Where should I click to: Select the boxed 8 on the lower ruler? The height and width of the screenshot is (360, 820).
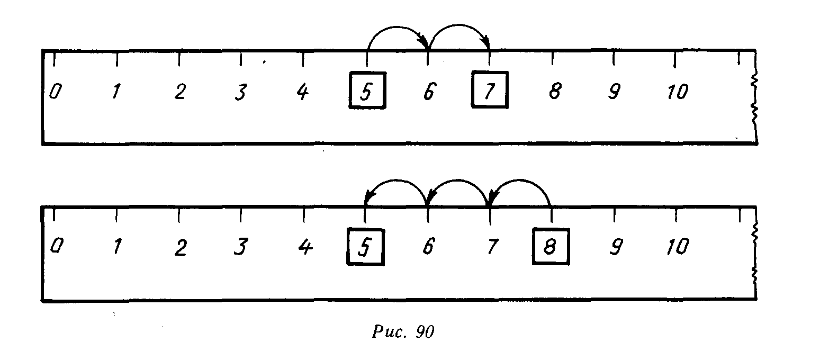551,246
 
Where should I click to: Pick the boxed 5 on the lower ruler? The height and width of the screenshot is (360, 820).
365,246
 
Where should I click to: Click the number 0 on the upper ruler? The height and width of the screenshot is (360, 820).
54,92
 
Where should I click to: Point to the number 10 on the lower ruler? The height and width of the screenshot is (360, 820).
678,247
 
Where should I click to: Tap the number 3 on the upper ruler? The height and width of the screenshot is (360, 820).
241,92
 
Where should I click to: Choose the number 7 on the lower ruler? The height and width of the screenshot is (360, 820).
492,247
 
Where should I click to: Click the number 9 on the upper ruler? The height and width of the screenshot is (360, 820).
614,92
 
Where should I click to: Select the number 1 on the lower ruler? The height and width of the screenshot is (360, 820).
117,247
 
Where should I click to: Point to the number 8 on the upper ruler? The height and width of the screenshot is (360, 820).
554,92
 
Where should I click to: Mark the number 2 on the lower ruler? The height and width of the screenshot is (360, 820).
181,247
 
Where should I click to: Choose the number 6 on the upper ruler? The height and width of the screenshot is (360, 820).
428,92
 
